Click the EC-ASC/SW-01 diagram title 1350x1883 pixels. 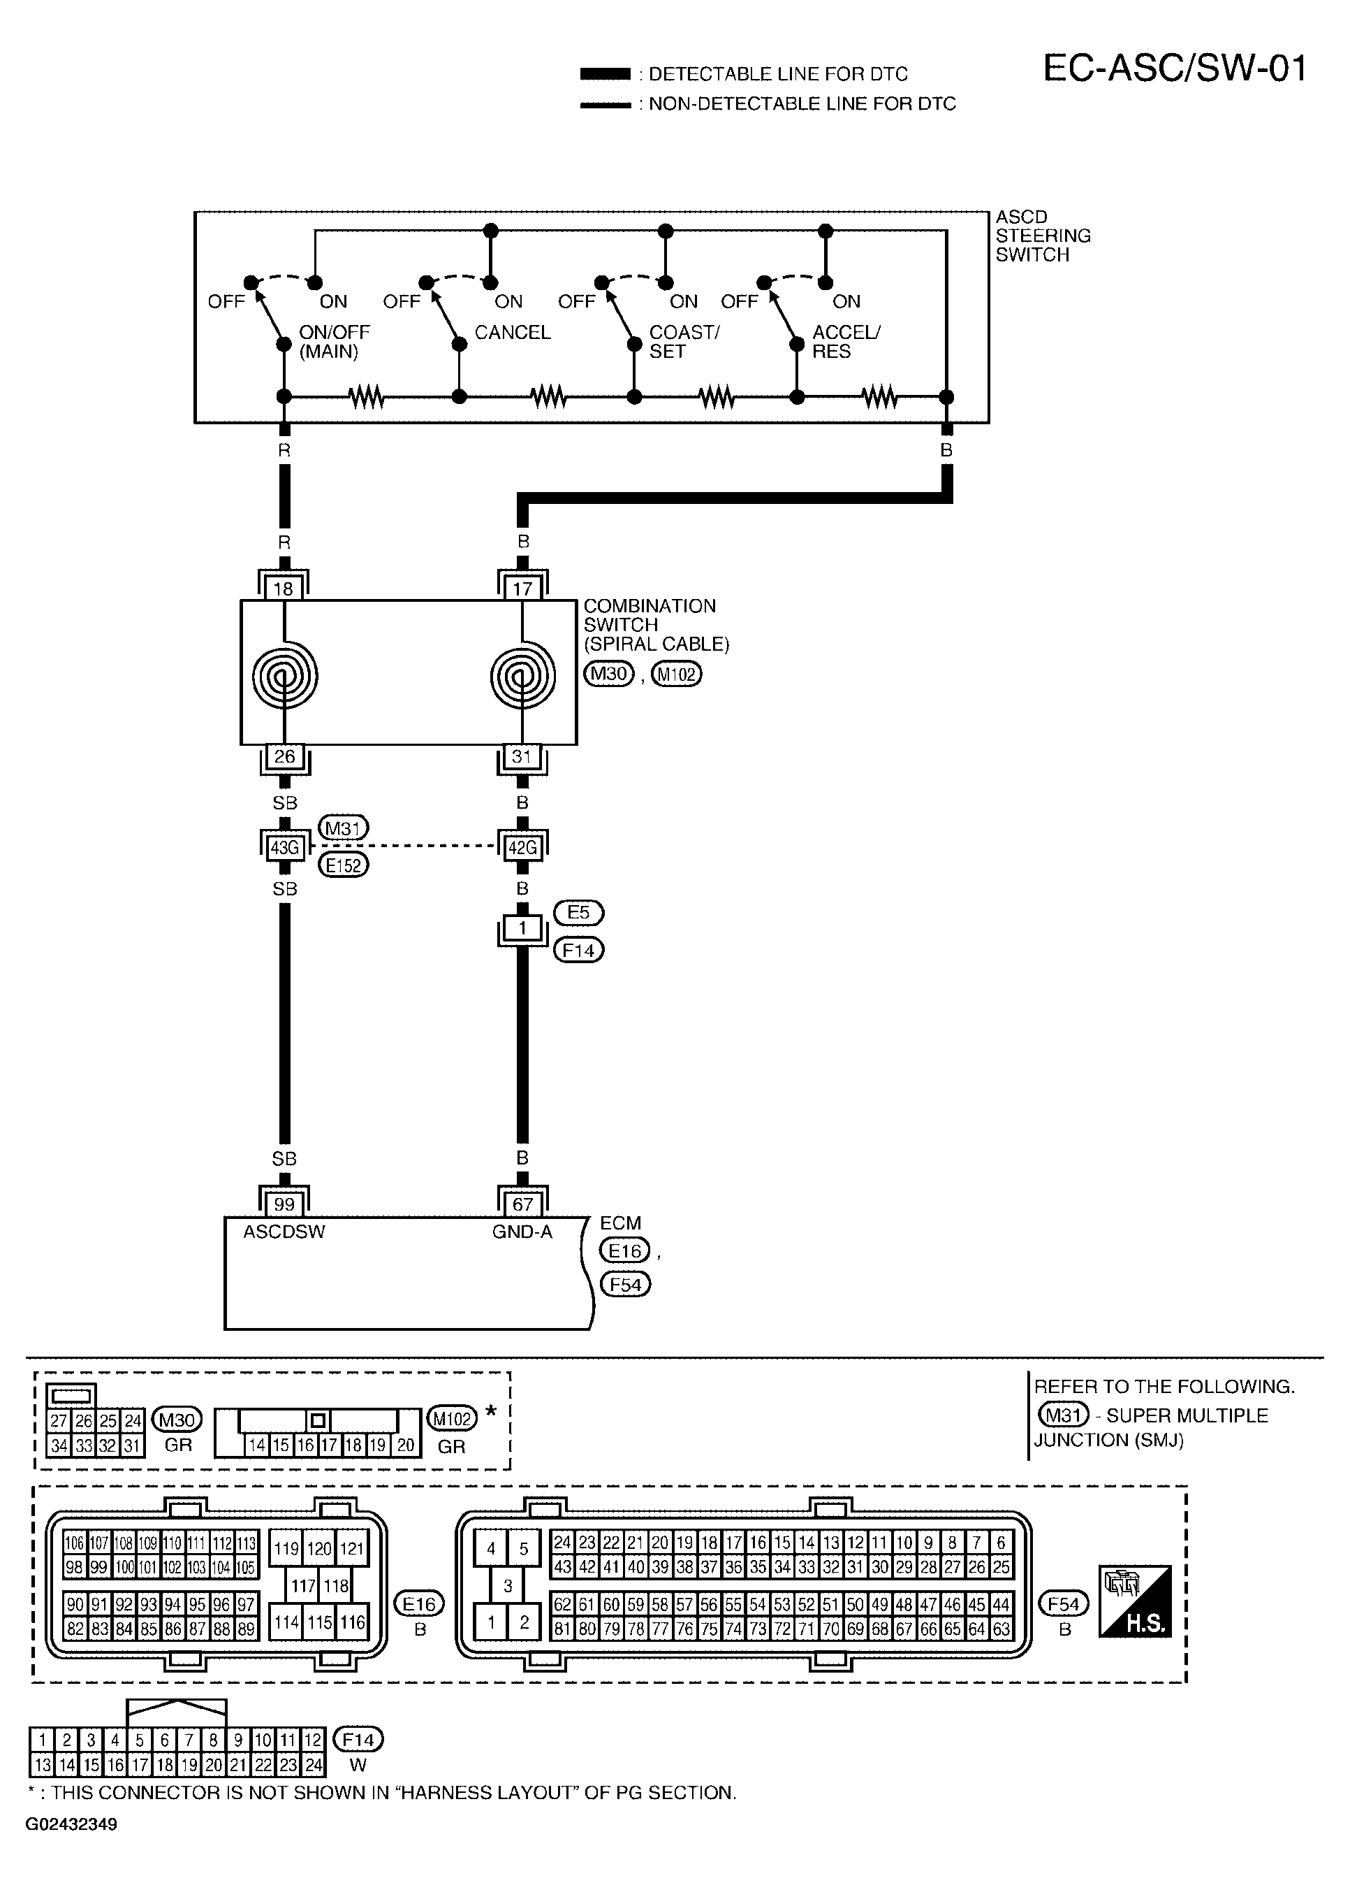click(x=1174, y=69)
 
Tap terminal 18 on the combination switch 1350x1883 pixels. click(x=284, y=589)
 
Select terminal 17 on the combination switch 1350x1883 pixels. click(x=522, y=589)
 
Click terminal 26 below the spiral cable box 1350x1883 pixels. click(x=284, y=756)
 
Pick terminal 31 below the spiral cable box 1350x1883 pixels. click(x=522, y=756)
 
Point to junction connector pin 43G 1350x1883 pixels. click(x=284, y=848)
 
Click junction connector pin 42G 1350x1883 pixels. click(x=522, y=848)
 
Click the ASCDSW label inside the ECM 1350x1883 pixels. click(x=284, y=1232)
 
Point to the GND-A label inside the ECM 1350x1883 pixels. click(x=522, y=1232)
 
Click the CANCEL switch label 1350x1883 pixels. click(x=513, y=332)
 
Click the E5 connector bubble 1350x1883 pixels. click(x=578, y=912)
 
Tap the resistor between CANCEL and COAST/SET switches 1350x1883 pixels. click(x=548, y=397)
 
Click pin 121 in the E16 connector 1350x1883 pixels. click(x=352, y=1548)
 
